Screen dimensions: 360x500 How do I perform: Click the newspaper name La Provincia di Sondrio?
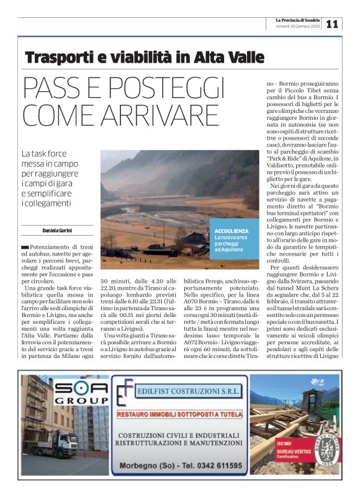pos(298,20)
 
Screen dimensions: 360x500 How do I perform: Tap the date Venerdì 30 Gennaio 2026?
pos(298,27)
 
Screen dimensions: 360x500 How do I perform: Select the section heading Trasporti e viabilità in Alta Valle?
pos(145,58)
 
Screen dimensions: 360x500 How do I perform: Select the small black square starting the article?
pos(25,248)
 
